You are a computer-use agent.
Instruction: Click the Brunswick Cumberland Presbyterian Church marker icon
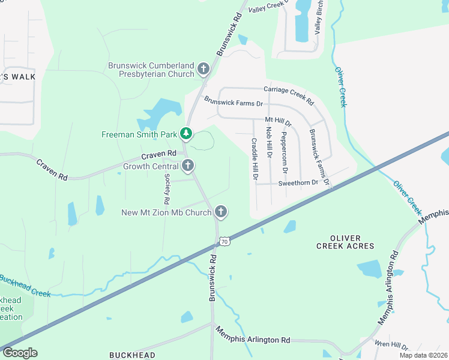pyautogui.click(x=203, y=70)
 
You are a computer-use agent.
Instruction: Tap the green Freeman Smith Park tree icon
pyautogui.click(x=187, y=133)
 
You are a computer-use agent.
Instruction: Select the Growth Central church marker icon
pyautogui.click(x=188, y=166)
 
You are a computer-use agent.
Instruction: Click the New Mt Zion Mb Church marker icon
pyautogui.click(x=221, y=211)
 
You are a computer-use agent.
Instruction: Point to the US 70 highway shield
pyautogui.click(x=224, y=241)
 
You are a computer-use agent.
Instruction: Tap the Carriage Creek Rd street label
pyautogui.click(x=289, y=93)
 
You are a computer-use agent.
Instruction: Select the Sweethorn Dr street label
pyautogui.click(x=298, y=182)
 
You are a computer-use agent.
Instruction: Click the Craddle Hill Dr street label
pyautogui.click(x=254, y=159)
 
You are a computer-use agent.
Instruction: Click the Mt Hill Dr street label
pyautogui.click(x=278, y=122)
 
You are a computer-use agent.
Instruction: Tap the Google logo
pyautogui.click(x=20, y=353)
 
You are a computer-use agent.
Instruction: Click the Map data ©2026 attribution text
pyautogui.click(x=423, y=355)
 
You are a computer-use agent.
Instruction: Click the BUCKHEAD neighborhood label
pyautogui.click(x=132, y=355)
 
